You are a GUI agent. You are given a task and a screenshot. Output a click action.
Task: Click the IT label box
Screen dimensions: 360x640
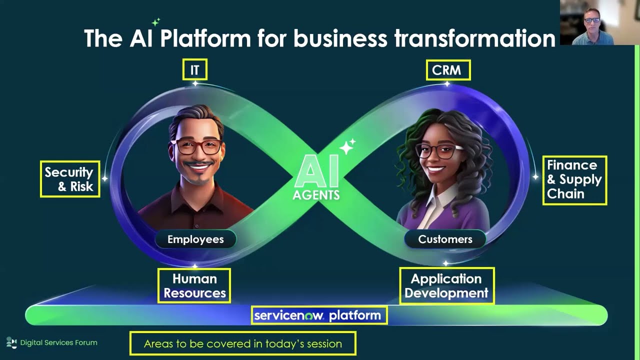coord(194,70)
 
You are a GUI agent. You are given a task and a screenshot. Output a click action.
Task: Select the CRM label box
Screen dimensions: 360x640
coord(448,70)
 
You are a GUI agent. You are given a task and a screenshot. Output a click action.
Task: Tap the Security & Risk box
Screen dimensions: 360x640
coord(70,179)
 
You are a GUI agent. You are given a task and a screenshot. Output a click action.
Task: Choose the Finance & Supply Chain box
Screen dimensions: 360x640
coord(574,180)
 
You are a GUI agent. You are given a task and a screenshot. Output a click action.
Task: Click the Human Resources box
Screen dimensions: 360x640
coord(194,285)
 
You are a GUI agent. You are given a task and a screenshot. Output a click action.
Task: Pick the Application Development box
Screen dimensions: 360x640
coord(446,285)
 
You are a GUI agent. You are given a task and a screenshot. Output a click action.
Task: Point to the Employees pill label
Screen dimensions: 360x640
coord(195,239)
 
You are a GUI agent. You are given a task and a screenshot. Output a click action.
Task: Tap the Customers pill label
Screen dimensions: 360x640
coord(445,239)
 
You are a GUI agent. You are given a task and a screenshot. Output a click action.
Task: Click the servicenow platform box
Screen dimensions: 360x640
coord(318,315)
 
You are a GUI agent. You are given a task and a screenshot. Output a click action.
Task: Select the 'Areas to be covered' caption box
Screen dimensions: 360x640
coord(243,343)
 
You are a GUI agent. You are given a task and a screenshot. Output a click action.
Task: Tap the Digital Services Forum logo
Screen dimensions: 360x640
coord(11,342)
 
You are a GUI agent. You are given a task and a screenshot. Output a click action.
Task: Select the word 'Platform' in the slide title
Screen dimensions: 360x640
coord(205,38)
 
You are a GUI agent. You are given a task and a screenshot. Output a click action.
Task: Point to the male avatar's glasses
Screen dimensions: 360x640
coord(196,146)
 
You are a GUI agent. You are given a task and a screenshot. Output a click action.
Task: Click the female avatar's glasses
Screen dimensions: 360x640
coord(436,150)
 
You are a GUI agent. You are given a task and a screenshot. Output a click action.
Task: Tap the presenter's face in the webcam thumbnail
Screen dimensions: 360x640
coord(592,22)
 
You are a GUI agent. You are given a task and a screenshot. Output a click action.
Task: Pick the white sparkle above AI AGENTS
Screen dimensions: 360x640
coord(347,146)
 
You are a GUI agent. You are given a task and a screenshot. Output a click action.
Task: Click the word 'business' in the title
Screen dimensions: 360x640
coord(322,38)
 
